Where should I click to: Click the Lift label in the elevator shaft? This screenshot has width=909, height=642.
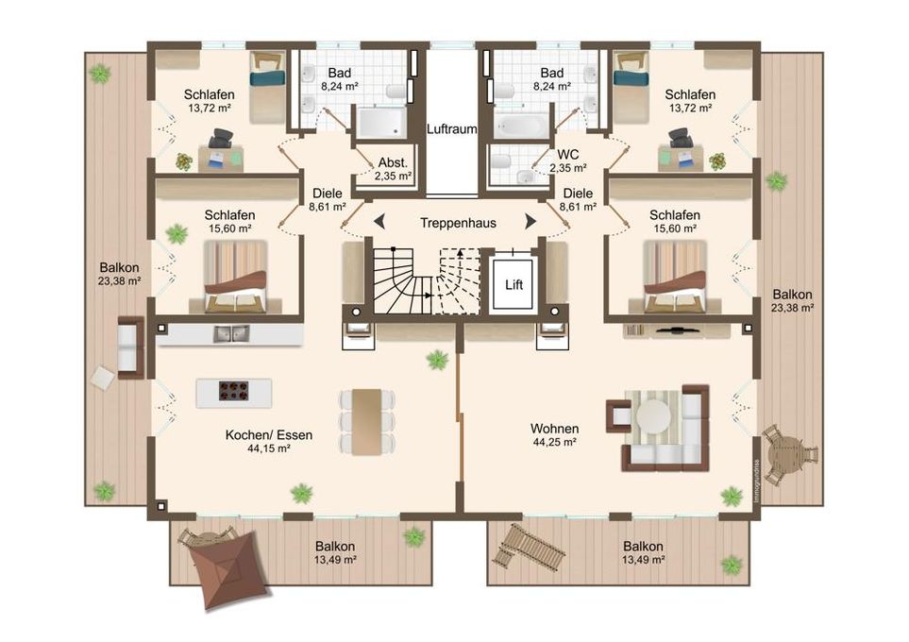[513, 285]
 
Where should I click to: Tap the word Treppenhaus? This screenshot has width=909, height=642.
[458, 223]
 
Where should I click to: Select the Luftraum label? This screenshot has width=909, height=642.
[451, 128]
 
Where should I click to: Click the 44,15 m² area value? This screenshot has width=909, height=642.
[269, 448]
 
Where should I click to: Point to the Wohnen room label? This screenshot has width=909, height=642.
[554, 429]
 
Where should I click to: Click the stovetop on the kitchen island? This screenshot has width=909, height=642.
[234, 390]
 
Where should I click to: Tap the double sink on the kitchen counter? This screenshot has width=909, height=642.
[230, 334]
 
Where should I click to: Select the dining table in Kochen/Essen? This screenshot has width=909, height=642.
[367, 422]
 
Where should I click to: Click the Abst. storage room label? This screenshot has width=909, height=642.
[393, 163]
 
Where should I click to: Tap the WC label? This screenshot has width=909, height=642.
[567, 155]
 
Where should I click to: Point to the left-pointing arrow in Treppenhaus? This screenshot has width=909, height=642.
[379, 222]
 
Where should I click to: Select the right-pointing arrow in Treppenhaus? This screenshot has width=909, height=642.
[530, 222]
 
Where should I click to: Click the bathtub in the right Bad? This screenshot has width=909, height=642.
[520, 126]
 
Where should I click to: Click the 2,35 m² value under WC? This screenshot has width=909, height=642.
[568, 168]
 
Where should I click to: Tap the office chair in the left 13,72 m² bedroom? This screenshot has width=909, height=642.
[220, 138]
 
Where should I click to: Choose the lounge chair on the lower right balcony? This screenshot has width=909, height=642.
[528, 547]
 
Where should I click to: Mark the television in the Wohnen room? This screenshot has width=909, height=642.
[677, 331]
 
